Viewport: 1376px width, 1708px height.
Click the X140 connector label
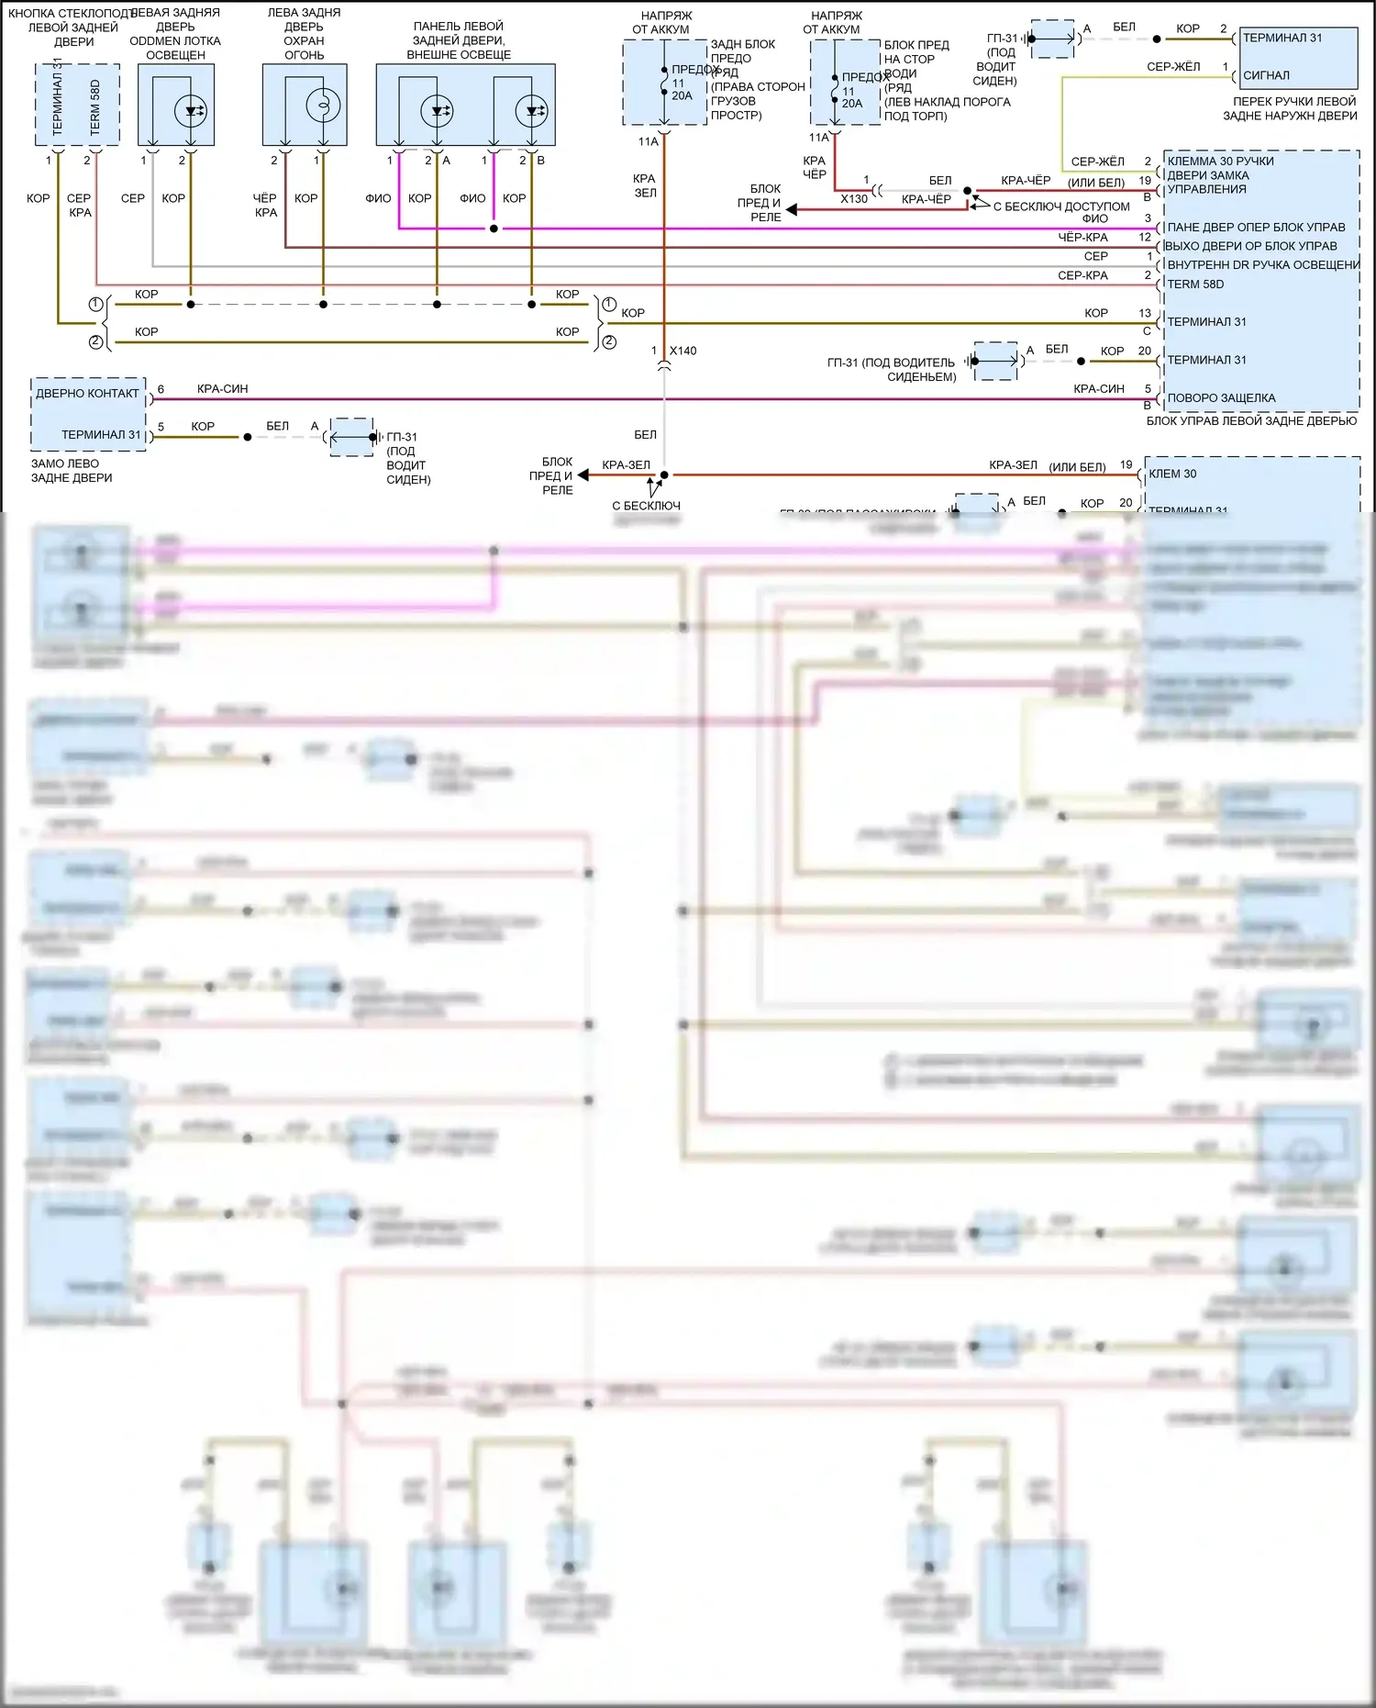[682, 351]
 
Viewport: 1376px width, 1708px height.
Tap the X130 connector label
[853, 198]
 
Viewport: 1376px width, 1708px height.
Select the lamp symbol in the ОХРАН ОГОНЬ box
[323, 106]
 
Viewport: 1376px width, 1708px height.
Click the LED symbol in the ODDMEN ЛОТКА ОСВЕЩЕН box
[191, 111]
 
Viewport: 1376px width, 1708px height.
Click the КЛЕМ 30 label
[1172, 474]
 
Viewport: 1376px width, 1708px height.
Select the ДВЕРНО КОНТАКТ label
[87, 394]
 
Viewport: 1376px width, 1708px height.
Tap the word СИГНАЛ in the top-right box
[1266, 75]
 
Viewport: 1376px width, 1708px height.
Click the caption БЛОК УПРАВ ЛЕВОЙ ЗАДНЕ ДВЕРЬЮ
[1251, 420]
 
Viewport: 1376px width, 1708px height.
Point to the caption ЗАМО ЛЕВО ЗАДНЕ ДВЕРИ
[72, 471]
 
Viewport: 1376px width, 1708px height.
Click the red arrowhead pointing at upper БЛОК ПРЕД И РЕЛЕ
[792, 210]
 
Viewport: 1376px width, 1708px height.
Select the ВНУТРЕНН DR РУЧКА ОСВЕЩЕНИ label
[1263, 265]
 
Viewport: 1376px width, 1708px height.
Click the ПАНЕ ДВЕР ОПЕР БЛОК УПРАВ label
[1256, 227]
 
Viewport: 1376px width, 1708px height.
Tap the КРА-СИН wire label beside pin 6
[222, 389]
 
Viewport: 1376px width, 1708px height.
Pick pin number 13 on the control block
[1144, 313]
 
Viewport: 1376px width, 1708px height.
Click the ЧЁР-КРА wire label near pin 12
[1082, 238]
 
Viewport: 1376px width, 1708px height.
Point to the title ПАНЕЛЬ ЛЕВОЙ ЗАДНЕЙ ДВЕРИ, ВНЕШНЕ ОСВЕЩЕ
[459, 40]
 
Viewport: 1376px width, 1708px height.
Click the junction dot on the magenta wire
[494, 229]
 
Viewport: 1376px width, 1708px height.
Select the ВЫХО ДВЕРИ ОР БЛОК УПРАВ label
[1250, 246]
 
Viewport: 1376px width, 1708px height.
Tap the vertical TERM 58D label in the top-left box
[95, 107]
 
